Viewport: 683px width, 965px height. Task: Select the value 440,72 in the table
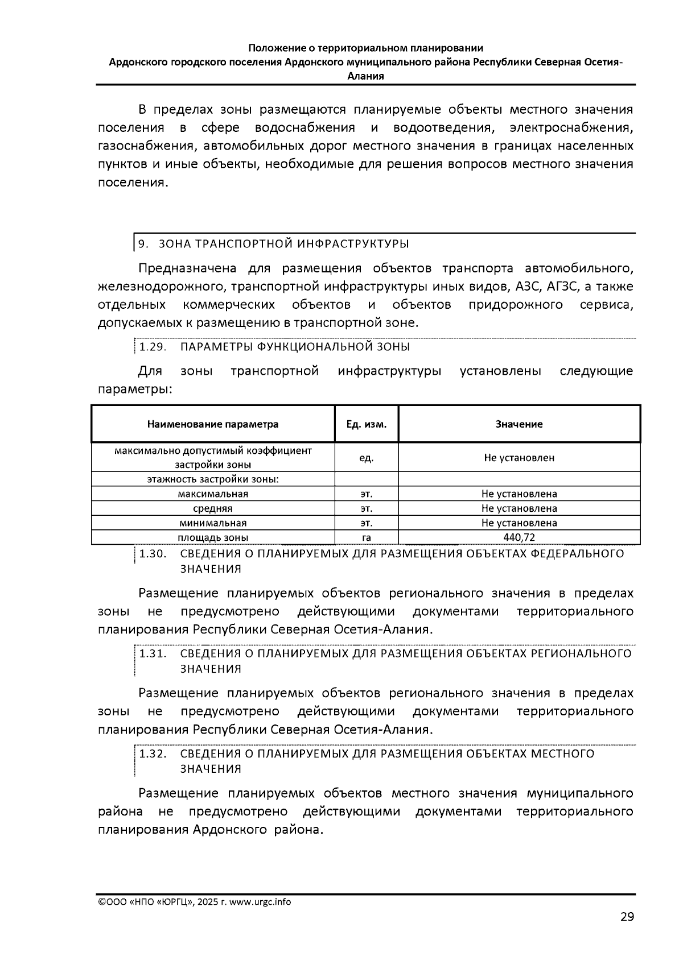click(519, 537)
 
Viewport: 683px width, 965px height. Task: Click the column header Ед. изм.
click(367, 424)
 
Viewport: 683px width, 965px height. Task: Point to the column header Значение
click(519, 424)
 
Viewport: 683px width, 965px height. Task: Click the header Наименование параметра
click(213, 424)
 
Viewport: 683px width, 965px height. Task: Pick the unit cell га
click(367, 537)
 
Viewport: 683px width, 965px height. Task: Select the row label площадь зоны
click(213, 537)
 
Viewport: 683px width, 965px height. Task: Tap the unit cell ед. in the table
click(367, 458)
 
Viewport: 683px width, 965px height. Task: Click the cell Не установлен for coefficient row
click(519, 458)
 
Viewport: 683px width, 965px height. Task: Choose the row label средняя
click(213, 508)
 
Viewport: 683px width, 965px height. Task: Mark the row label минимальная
click(213, 523)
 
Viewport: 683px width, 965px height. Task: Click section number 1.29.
click(153, 347)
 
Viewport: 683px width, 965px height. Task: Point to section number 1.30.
click(153, 554)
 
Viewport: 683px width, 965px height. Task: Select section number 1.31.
click(153, 653)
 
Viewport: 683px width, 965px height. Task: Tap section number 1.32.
click(153, 754)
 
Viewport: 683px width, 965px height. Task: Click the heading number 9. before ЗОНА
click(143, 244)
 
